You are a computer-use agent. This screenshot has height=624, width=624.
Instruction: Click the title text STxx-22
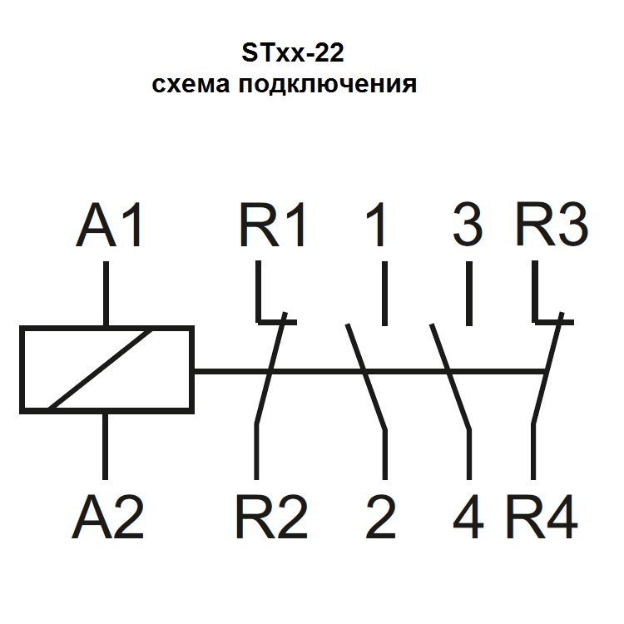coord(292,55)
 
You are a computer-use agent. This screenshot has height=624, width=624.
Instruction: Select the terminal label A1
coord(111,224)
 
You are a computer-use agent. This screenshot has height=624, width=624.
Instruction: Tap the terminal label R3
coord(551,224)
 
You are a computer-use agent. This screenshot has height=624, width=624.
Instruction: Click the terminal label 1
coord(377,224)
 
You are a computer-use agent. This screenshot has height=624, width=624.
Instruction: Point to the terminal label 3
coord(468,224)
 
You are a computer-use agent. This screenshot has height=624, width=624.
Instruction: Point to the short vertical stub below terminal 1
coord(384,294)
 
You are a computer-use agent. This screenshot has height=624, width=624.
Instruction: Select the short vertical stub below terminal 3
coord(468,294)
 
